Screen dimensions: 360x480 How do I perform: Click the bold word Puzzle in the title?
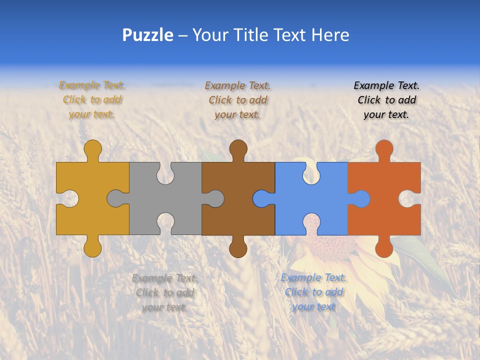click(147, 35)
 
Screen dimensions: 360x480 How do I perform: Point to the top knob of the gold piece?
click(92, 148)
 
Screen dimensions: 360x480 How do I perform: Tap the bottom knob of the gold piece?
click(92, 247)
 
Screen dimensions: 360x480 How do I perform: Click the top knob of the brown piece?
click(238, 148)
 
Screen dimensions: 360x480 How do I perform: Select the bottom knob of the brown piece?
click(238, 247)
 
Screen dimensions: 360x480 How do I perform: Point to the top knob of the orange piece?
click(384, 148)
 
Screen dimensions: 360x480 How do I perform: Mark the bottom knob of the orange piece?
click(384, 247)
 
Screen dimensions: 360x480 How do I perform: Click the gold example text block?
click(92, 100)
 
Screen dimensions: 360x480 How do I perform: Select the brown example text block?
click(237, 100)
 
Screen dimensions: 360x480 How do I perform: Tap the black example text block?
click(386, 100)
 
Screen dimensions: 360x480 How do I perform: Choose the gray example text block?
click(164, 292)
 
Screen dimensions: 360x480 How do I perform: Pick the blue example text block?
click(313, 292)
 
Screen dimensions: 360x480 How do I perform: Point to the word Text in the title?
click(289, 35)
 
